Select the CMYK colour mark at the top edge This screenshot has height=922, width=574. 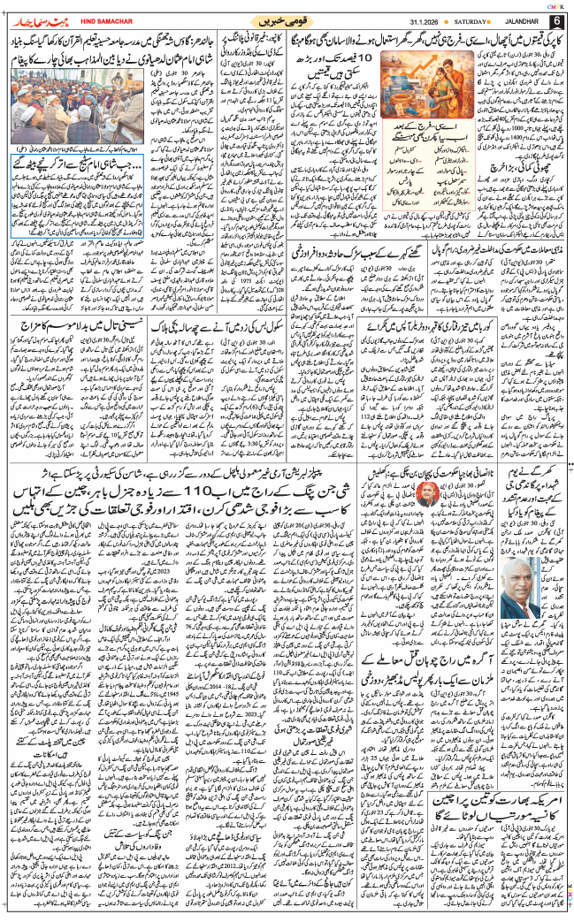click(552, 4)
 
